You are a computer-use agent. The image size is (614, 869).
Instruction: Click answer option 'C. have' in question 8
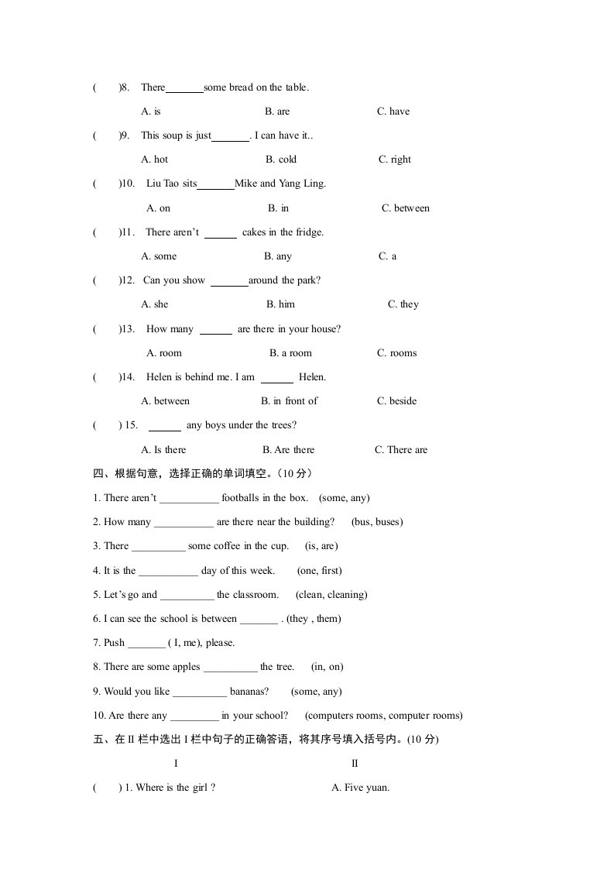[x=393, y=112]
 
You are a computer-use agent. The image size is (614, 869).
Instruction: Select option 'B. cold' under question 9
[x=281, y=160]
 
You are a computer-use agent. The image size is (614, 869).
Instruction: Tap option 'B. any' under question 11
[x=278, y=256]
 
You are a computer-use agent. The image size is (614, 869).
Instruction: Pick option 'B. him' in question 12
[x=280, y=304]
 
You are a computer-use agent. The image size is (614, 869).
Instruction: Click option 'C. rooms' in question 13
[x=396, y=353]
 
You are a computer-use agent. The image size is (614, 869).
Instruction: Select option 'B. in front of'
[x=290, y=401]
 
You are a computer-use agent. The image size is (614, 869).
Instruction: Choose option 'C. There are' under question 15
[x=401, y=450]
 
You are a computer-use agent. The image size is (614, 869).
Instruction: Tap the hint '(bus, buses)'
[x=377, y=522]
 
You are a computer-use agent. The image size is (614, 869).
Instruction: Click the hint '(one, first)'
[x=319, y=571]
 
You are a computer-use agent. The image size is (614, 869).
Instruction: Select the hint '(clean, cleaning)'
[x=331, y=595]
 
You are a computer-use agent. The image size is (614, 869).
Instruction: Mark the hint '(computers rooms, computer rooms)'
[x=384, y=716]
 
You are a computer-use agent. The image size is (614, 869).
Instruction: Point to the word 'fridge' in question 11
[x=307, y=232]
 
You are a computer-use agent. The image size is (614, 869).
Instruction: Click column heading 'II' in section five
[x=355, y=764]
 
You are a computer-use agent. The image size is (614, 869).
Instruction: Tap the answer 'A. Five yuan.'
[x=360, y=788]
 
